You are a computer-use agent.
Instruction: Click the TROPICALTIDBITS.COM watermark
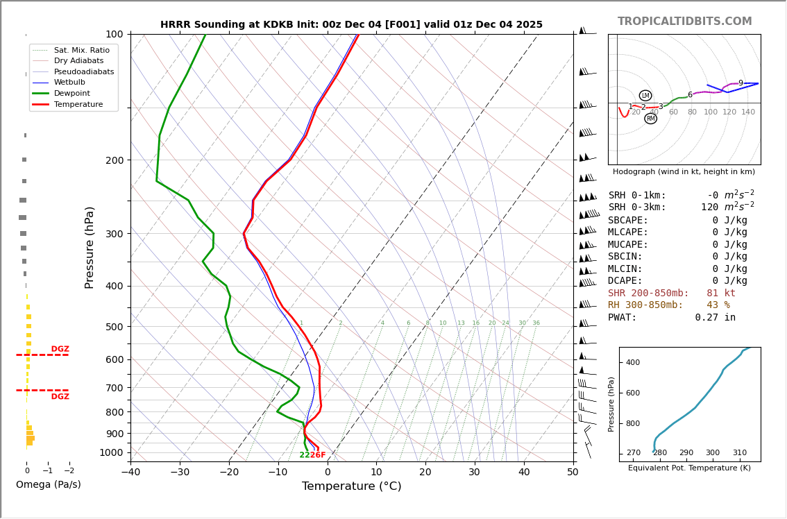tap(684, 22)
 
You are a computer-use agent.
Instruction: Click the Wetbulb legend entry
tap(69, 83)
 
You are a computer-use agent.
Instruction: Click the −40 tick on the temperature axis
tap(130, 473)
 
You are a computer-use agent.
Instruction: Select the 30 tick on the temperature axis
tap(475, 473)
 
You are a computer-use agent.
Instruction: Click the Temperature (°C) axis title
tap(351, 486)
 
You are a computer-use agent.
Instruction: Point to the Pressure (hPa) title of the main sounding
tap(90, 247)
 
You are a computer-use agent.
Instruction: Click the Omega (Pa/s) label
tap(48, 484)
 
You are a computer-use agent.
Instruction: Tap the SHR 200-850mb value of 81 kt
tap(720, 293)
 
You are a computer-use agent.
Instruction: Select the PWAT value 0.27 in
tap(715, 318)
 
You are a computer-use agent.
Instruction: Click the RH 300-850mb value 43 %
tap(718, 305)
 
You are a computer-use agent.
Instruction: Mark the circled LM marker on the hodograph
tap(645, 96)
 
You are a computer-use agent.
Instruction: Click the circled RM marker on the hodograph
tap(650, 119)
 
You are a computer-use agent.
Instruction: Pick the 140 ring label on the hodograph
tap(747, 112)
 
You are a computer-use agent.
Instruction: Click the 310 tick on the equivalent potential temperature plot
tap(739, 453)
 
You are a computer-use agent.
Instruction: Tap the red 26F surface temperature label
tap(318, 455)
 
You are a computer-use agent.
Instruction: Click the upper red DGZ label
tap(60, 349)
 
